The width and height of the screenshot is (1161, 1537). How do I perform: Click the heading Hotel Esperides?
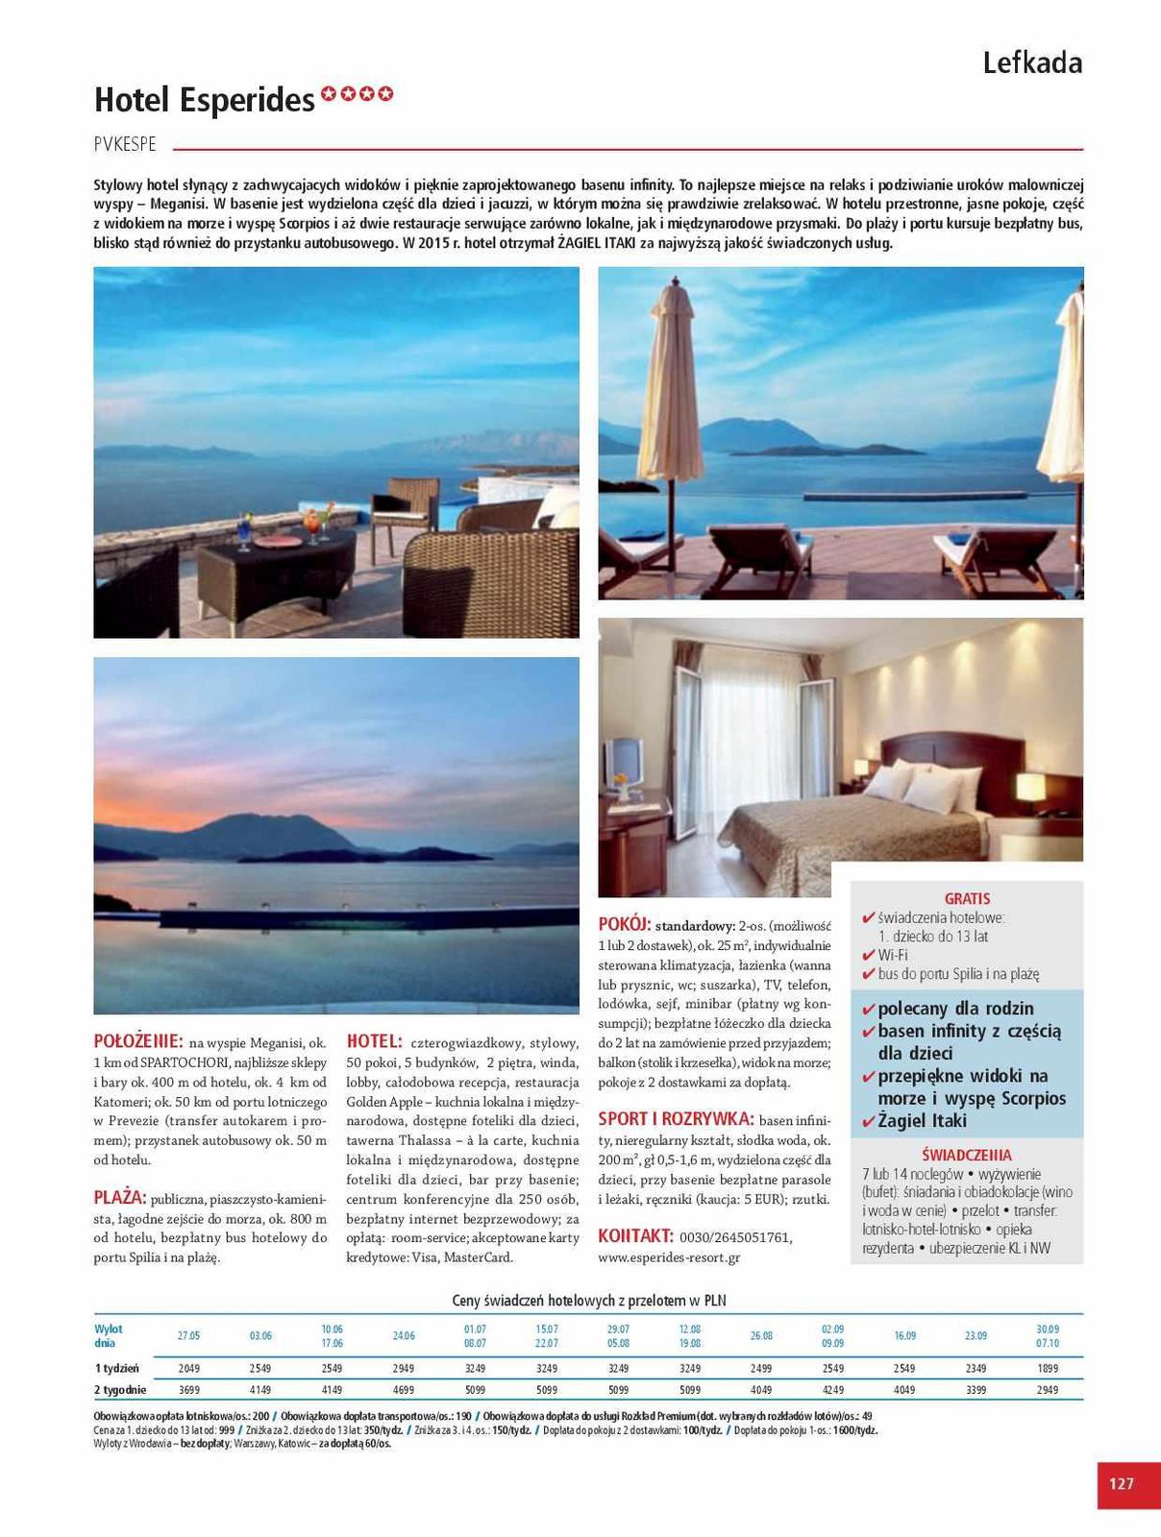(x=204, y=100)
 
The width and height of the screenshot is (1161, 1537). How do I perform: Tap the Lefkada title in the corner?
(x=1031, y=63)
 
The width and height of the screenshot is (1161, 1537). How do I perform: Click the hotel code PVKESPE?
(x=125, y=145)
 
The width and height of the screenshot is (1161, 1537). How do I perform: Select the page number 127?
(x=1121, y=1483)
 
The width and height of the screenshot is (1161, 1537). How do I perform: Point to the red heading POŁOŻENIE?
(x=138, y=1041)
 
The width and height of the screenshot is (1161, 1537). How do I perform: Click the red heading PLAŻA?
(x=119, y=1198)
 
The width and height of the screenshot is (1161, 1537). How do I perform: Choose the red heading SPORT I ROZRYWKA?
(x=675, y=1119)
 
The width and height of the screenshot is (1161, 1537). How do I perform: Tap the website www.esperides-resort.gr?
(x=669, y=1257)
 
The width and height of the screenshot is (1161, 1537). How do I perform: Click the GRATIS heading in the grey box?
(x=967, y=899)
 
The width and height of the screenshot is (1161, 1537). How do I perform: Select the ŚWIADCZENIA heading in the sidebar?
(x=966, y=1156)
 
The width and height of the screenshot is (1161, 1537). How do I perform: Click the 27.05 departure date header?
(x=188, y=1336)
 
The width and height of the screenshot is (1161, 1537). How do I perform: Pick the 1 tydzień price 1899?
(x=1047, y=1368)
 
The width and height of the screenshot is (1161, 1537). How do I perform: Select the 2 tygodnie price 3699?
(x=188, y=1390)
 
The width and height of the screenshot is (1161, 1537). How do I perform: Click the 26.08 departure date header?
(x=761, y=1336)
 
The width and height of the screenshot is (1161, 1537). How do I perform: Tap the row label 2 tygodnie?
(x=120, y=1390)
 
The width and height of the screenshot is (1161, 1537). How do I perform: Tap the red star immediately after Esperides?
(x=329, y=94)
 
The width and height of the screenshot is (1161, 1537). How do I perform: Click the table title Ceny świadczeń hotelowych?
(x=588, y=1301)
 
